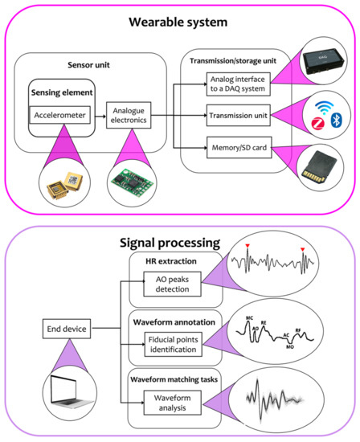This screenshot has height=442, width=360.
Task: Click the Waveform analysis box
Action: click(x=174, y=400)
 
